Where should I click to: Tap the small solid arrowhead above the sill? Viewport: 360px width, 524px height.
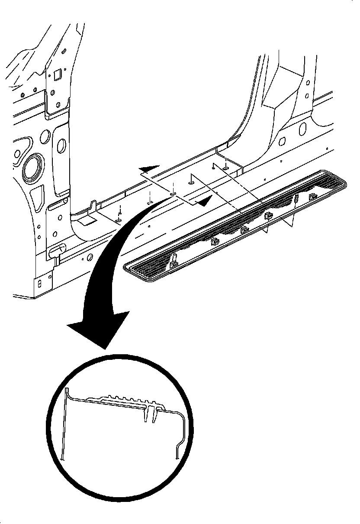(x=149, y=168)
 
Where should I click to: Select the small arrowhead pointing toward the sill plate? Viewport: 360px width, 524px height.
(x=205, y=200)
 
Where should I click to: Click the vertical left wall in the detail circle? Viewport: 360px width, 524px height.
(x=64, y=424)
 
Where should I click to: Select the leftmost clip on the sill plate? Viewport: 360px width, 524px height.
(x=174, y=261)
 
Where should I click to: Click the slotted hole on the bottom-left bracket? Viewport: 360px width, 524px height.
(x=40, y=283)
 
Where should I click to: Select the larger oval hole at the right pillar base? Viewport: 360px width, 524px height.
(x=302, y=128)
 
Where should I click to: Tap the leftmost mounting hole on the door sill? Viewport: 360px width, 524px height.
(x=118, y=220)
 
